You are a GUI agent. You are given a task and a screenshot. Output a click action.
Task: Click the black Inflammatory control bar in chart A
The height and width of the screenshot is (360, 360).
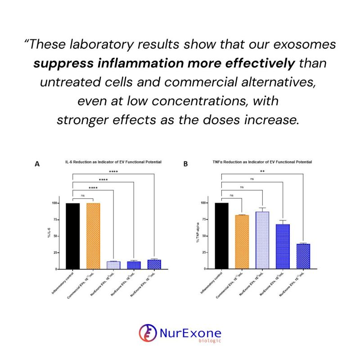pos(72,236)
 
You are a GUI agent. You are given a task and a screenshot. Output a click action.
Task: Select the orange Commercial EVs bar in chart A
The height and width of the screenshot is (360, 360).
pos(93,236)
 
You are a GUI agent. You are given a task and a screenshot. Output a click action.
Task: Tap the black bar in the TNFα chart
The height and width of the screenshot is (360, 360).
pos(222,236)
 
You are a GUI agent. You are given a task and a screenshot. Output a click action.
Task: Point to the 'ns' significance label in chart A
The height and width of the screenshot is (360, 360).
pos(82,196)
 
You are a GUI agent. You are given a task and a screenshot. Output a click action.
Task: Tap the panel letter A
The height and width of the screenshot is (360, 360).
pos(37,165)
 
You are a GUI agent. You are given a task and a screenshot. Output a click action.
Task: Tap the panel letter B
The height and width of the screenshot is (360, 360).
pos(185,165)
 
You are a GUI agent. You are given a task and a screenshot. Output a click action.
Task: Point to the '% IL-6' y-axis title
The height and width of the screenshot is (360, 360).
pos(48,236)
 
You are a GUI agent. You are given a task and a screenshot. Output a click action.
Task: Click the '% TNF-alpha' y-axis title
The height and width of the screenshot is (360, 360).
pos(197,236)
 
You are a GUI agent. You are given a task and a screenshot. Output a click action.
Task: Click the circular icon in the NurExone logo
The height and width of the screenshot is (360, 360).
pos(148,333)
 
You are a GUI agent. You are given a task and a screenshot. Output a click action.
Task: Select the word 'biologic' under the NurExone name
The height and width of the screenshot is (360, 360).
pos(209,340)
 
